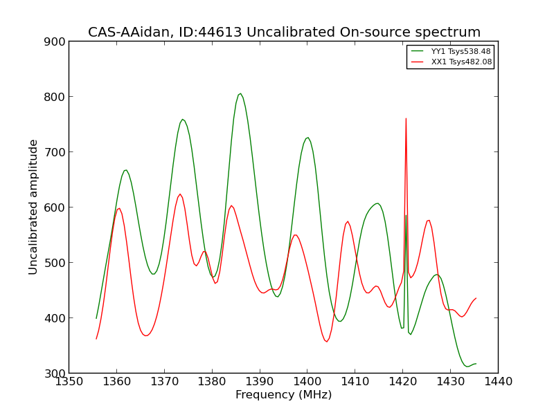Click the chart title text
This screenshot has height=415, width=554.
(284, 32)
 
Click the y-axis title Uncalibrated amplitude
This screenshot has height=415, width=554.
(33, 207)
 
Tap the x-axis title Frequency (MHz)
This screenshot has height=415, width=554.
(284, 394)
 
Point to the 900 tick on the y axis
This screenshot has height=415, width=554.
(55, 41)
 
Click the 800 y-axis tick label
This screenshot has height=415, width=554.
(55, 97)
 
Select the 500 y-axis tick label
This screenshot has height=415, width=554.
(55, 263)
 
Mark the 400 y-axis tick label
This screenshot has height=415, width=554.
(55, 318)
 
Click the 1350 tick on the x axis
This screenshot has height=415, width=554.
(69, 382)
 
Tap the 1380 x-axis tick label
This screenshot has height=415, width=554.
(212, 382)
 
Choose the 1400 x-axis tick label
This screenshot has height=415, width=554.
(307, 382)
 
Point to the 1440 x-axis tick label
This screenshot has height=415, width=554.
(498, 382)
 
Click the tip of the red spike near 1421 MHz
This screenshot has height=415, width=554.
(406, 118)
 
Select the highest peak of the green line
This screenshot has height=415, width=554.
(240, 93)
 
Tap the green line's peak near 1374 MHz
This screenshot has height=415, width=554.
(183, 119)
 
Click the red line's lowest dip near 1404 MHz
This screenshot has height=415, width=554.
(326, 342)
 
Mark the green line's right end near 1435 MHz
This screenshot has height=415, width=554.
(476, 364)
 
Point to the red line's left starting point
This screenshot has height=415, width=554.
(96, 339)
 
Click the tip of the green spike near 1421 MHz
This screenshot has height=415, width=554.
(406, 215)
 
